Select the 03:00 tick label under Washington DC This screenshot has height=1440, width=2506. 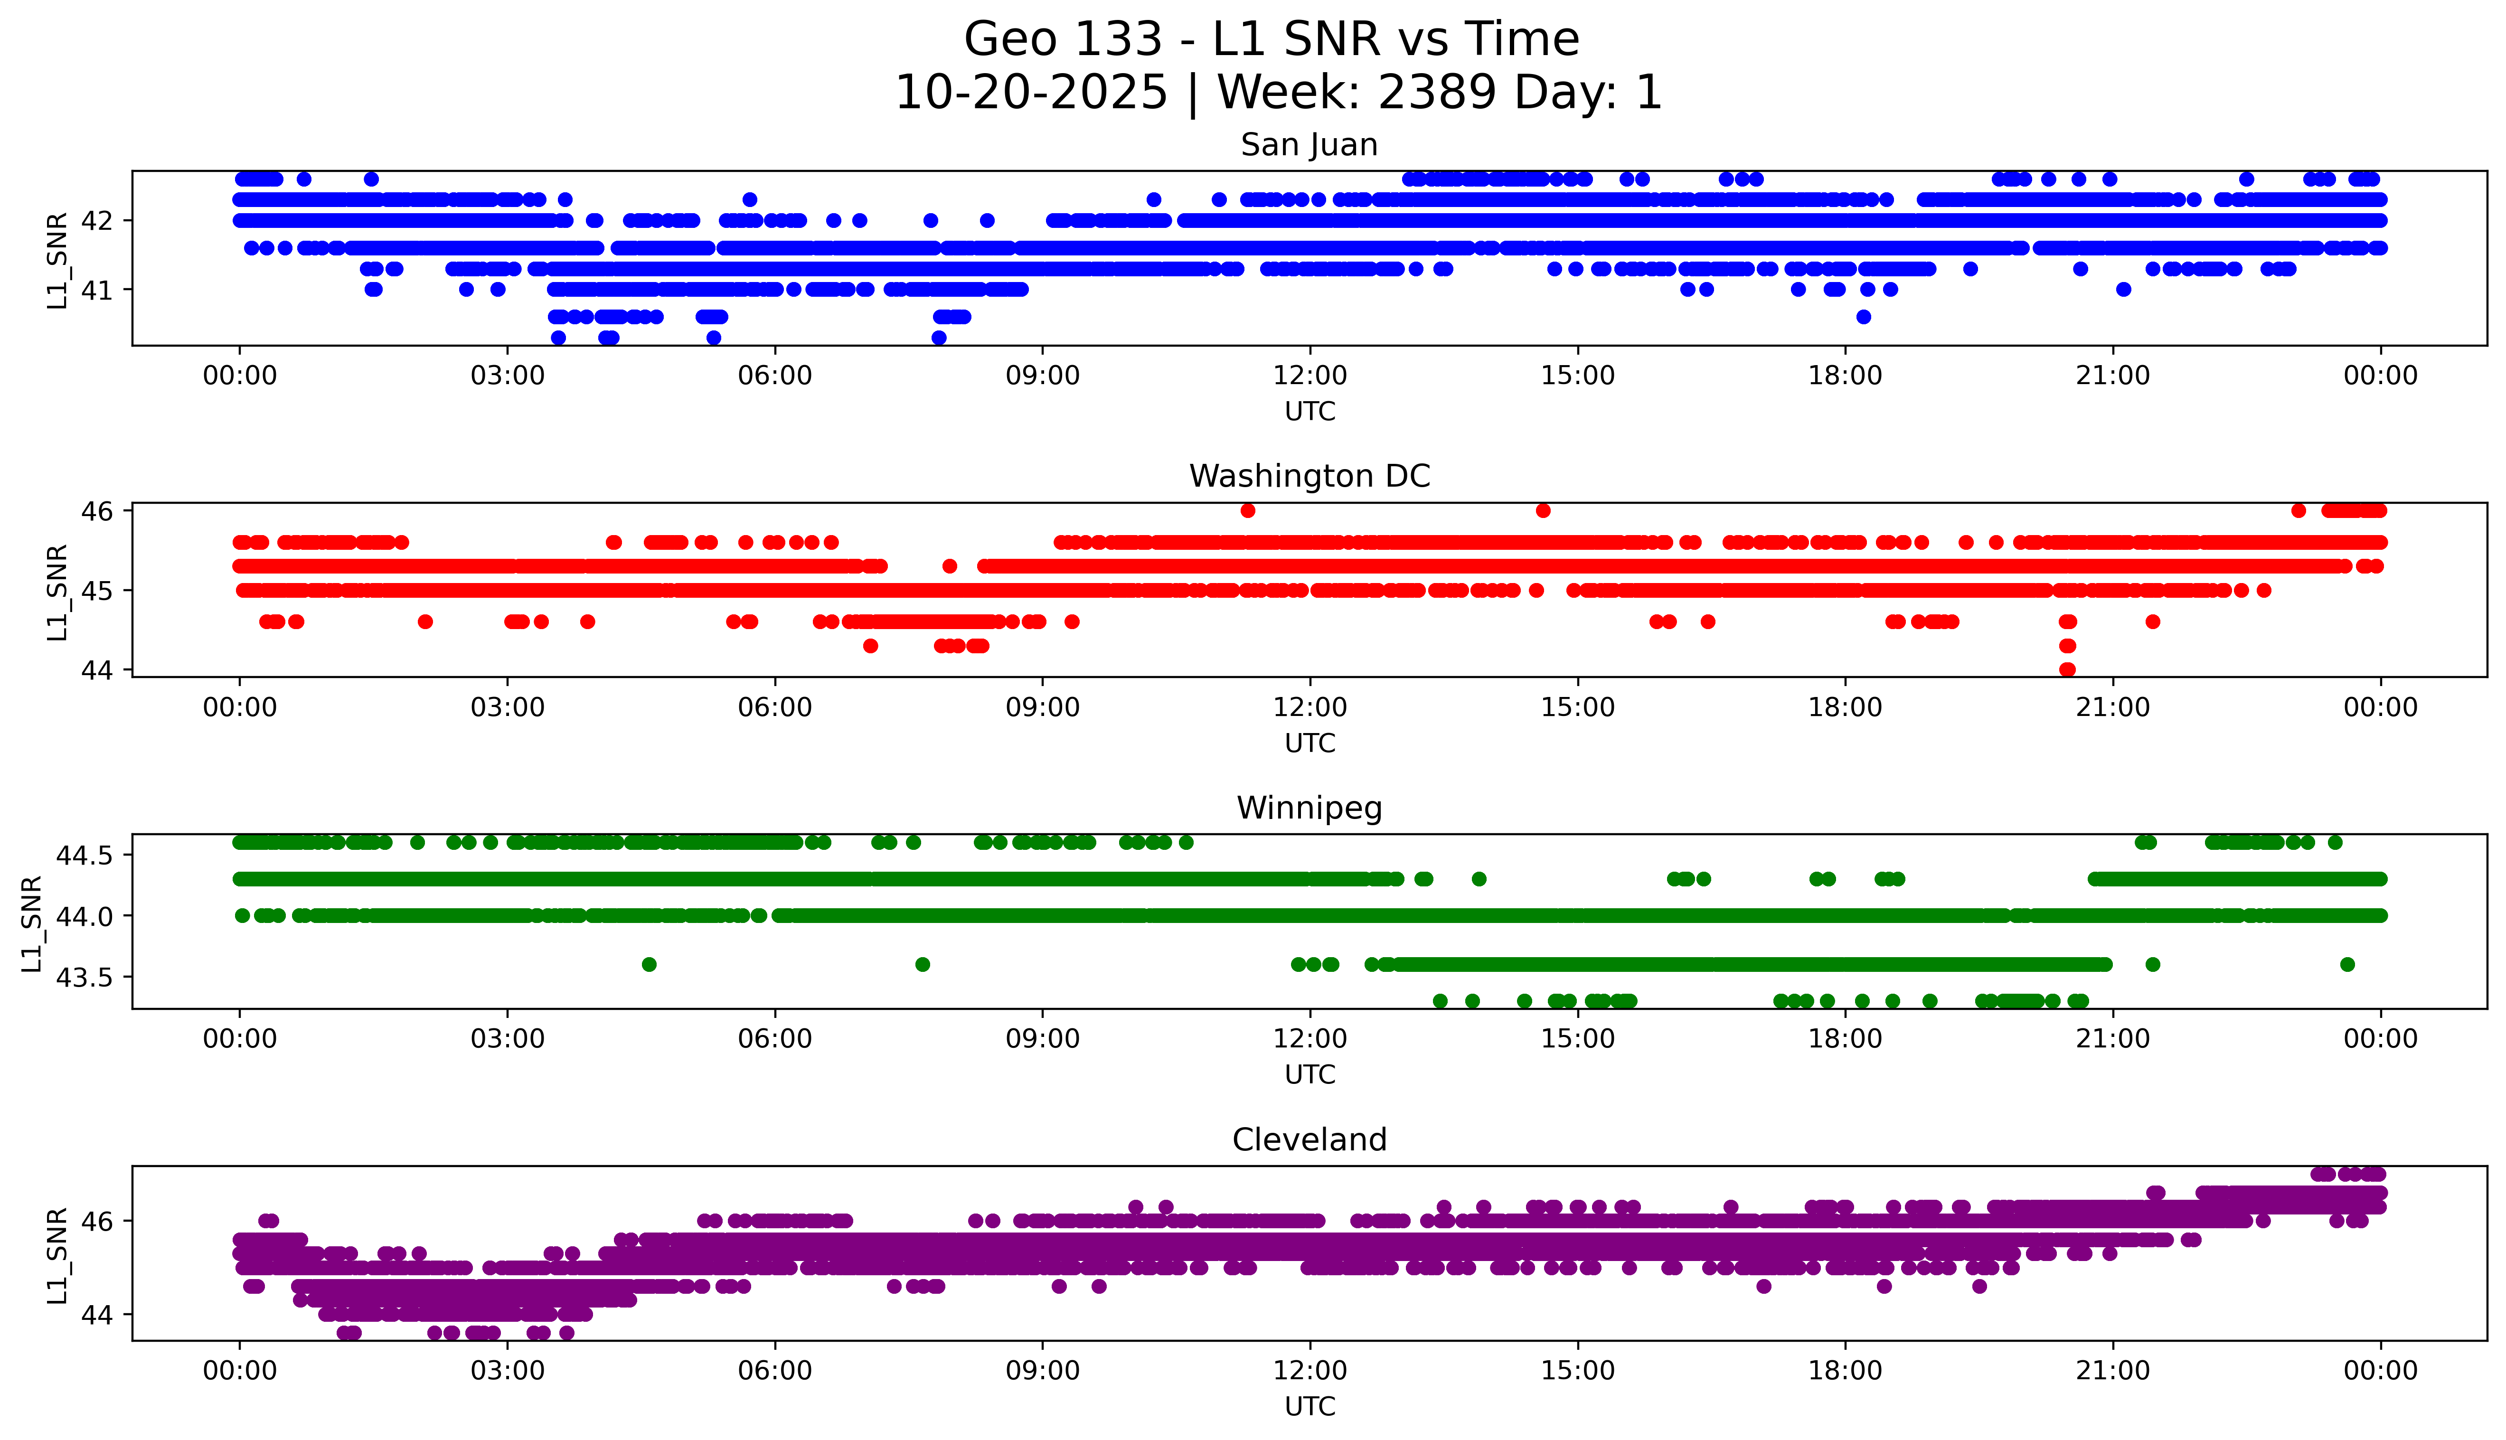pyautogui.click(x=508, y=707)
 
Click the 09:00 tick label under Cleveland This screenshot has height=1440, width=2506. pyautogui.click(x=1042, y=1371)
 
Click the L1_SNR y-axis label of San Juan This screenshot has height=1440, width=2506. pyautogui.click(x=57, y=259)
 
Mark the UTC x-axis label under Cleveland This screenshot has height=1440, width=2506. pyautogui.click(x=1310, y=1405)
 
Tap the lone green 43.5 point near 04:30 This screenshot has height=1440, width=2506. pyautogui.click(x=649, y=964)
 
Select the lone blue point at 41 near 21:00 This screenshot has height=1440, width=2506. pyautogui.click(x=2122, y=290)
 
